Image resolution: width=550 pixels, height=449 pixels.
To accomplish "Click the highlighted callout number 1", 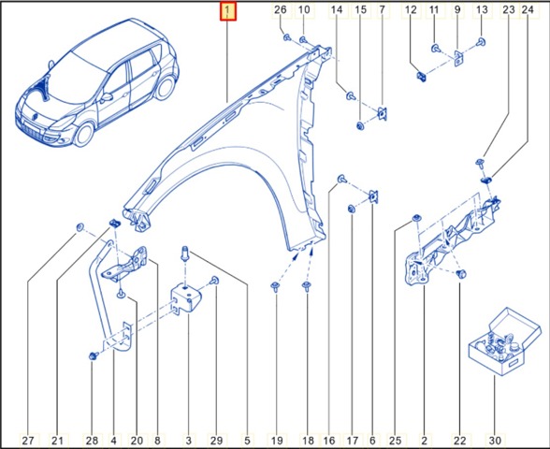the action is click(x=228, y=11).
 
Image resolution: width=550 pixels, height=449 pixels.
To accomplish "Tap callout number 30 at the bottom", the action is click(x=495, y=441).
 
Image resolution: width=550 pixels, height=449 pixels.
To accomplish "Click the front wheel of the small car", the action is click(x=84, y=134).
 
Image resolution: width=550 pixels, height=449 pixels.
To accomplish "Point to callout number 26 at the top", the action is click(x=280, y=9).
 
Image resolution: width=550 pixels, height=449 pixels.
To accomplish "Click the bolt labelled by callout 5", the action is click(x=185, y=253).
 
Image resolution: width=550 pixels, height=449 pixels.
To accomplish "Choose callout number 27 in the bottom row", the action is click(x=28, y=441).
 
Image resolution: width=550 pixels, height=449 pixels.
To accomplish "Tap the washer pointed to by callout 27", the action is click(x=80, y=227).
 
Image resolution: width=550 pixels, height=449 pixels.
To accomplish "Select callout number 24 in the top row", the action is click(x=528, y=9).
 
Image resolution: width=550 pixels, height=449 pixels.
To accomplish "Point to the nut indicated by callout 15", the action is click(x=359, y=125).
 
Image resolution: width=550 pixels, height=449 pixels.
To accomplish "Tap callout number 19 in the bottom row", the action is click(x=277, y=441).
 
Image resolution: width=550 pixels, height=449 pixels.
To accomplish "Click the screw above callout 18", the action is click(x=307, y=286).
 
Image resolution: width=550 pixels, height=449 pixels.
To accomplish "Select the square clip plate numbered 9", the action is click(x=458, y=58).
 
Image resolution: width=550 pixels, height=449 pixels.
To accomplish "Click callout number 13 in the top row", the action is click(x=482, y=9).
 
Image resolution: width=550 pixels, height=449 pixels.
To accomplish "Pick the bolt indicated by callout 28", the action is click(x=94, y=356).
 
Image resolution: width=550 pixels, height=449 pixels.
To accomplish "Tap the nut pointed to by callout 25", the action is click(x=416, y=218).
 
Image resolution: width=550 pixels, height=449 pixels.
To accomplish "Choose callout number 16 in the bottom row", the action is click(x=329, y=441).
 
